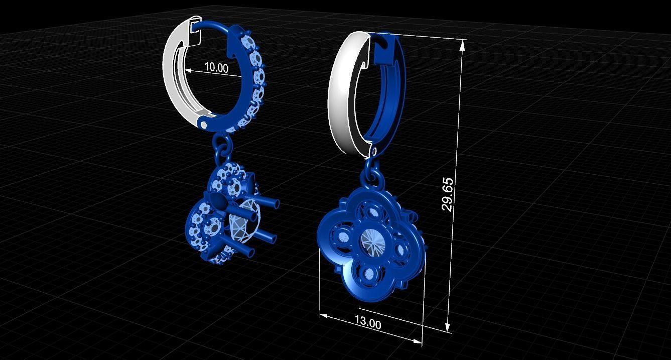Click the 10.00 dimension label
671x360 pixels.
pos(216,68)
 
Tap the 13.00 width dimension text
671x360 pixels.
pos(368,323)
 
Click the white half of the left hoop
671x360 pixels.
pos(173,70)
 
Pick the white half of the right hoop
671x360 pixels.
pos(341,95)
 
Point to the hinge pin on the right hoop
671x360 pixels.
pos(373,151)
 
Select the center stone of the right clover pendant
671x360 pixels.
pos(373,241)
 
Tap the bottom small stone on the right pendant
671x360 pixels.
pos(370,274)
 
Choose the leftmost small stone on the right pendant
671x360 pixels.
pos(343,237)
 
